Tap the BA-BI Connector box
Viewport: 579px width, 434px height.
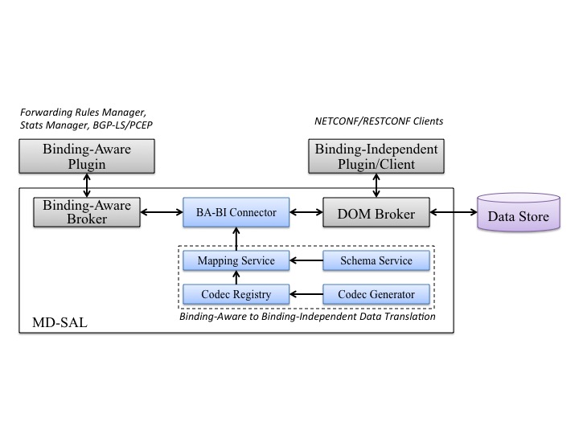point(236,212)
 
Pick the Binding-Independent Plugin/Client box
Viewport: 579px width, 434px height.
point(376,155)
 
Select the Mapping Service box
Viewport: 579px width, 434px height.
point(236,260)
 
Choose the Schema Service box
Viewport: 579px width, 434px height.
point(376,260)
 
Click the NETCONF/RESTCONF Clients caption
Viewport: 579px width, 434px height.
point(378,121)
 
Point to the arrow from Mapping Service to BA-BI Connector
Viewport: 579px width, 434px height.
point(236,239)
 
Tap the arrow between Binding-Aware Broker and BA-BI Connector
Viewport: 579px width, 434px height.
point(161,213)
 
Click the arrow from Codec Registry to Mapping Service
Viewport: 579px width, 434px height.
point(236,276)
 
